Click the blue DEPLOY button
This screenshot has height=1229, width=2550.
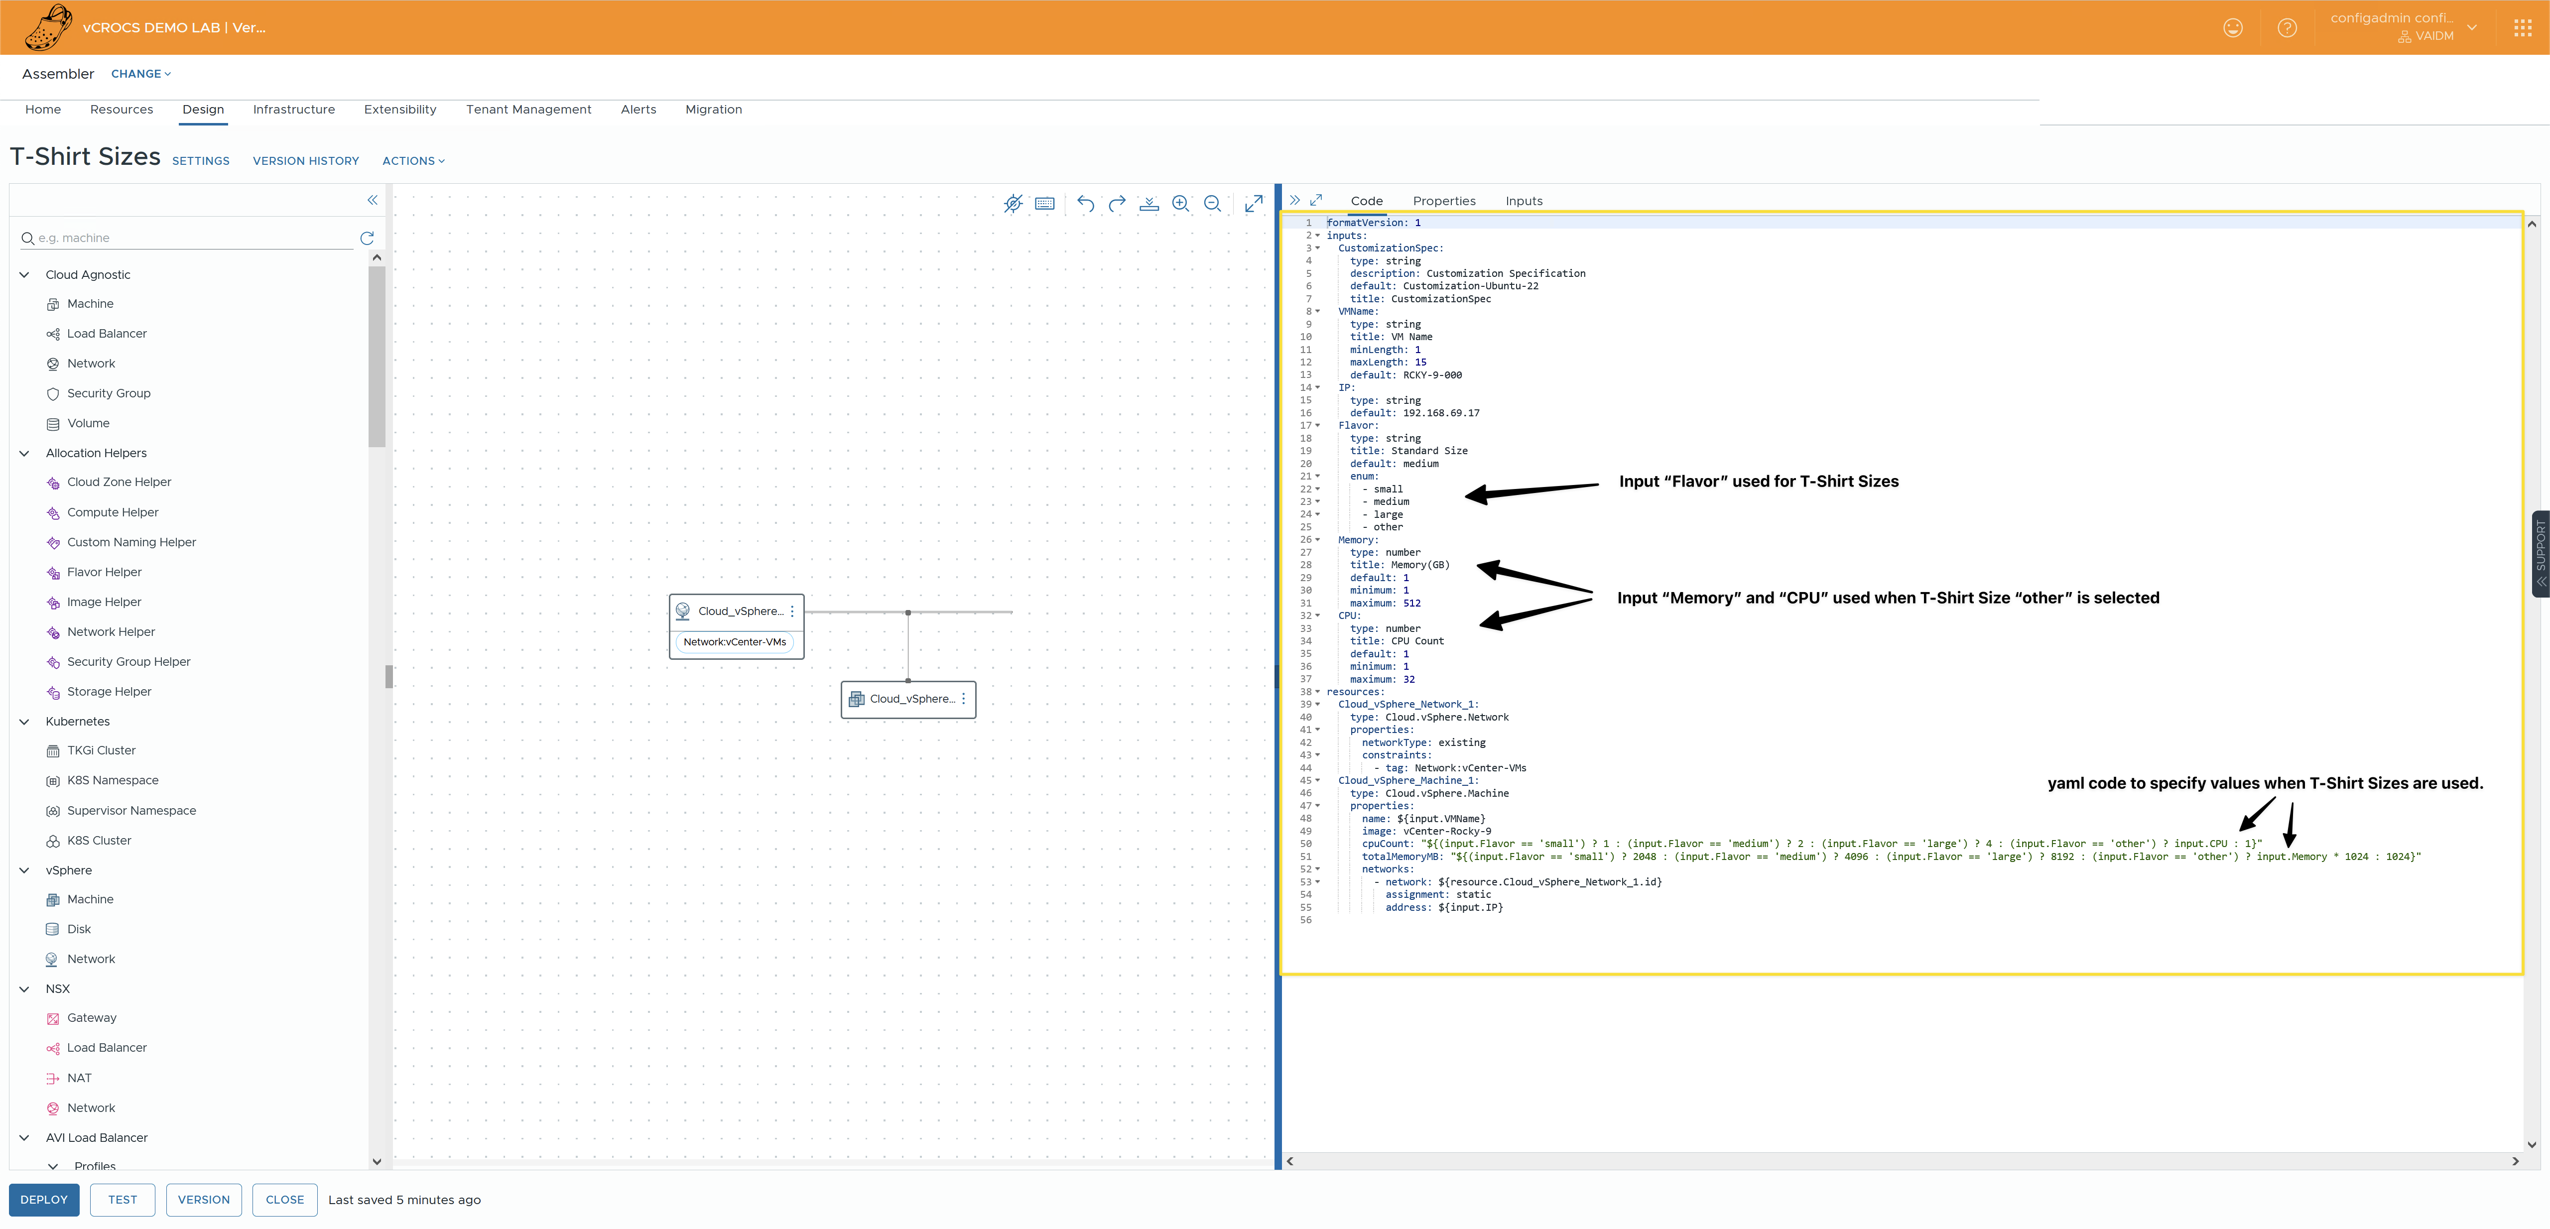point(43,1199)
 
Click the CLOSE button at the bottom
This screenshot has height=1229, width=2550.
point(284,1199)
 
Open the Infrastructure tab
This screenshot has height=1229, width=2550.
point(293,110)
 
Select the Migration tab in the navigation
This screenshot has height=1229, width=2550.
point(713,110)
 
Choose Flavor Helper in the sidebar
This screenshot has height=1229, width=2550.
point(104,572)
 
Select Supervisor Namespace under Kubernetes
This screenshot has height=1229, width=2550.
point(130,810)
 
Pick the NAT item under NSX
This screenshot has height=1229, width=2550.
point(79,1078)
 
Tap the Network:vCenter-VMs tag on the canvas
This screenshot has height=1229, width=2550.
point(735,642)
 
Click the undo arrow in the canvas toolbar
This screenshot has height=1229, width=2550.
point(1085,204)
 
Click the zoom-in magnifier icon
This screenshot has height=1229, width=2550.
point(1180,204)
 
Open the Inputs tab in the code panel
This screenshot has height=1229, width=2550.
point(1524,201)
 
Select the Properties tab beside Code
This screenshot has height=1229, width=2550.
point(1443,201)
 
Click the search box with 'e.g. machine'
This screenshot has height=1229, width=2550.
point(193,239)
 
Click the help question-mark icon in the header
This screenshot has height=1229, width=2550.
point(2287,28)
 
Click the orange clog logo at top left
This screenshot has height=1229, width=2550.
point(47,27)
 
